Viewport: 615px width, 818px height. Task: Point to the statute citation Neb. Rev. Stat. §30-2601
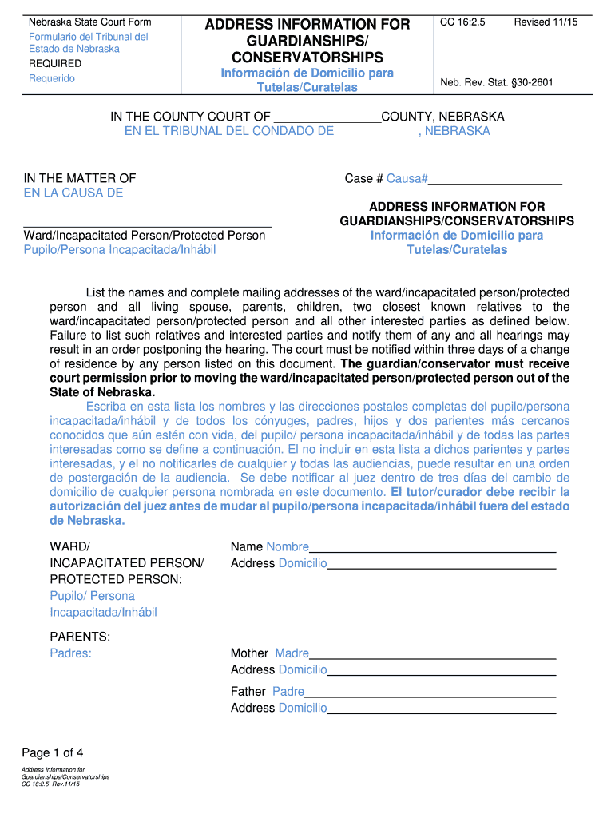(x=497, y=82)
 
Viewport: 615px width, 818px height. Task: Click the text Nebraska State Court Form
(x=89, y=22)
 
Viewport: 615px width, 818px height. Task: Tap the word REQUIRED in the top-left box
(x=55, y=63)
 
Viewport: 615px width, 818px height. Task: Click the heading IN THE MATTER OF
(x=80, y=178)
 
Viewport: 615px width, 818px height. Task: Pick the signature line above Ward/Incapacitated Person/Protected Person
(x=148, y=227)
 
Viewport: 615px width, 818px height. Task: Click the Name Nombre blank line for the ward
(x=432, y=548)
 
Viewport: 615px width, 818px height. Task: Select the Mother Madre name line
(x=432, y=654)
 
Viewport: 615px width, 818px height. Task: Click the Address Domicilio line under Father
(x=441, y=709)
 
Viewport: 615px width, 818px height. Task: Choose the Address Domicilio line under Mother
(x=441, y=670)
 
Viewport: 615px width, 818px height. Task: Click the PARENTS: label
(x=80, y=637)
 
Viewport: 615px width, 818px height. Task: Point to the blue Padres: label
(x=70, y=653)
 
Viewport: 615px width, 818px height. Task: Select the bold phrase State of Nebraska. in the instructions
(x=102, y=392)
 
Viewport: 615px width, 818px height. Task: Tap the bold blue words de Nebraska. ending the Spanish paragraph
(x=87, y=520)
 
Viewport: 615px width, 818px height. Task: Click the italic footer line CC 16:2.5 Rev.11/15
(x=51, y=784)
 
